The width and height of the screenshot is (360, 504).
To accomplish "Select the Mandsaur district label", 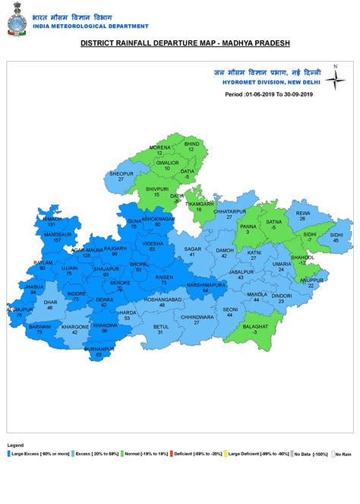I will (x=52, y=235).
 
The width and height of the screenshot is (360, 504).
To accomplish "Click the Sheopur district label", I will (x=122, y=173).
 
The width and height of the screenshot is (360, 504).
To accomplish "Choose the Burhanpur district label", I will (x=99, y=348).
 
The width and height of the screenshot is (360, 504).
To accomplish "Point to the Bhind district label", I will (x=191, y=144).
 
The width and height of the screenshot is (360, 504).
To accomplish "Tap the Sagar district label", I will (x=193, y=249).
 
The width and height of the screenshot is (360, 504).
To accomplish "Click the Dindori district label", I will (x=282, y=295).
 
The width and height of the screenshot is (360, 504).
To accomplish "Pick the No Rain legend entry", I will (x=342, y=454).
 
